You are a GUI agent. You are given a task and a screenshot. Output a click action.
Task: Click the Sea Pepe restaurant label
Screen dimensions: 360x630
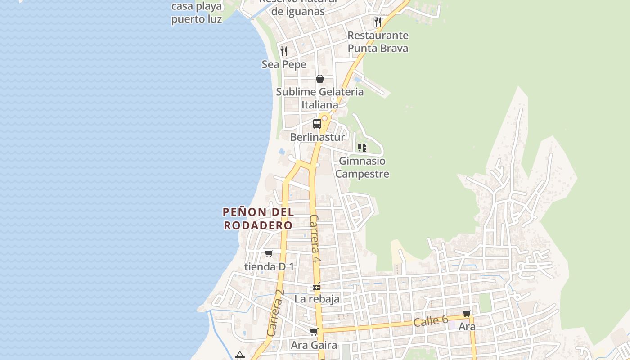coord(284,64)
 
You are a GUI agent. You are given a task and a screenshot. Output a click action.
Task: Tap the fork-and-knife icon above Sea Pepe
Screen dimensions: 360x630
coord(284,51)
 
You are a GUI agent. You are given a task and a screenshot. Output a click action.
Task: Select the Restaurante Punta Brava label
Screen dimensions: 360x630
coord(378,42)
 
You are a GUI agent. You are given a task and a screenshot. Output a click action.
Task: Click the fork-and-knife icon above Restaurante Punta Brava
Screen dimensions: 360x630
coord(378,22)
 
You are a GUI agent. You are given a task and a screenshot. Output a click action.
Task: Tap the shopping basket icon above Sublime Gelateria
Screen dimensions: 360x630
coord(320,79)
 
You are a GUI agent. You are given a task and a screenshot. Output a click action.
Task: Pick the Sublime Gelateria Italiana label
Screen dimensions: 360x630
coord(319,98)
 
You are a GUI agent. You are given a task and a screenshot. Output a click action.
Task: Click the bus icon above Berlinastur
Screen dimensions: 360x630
coord(317,124)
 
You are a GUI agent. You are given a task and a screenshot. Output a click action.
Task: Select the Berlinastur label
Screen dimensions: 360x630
coord(317,137)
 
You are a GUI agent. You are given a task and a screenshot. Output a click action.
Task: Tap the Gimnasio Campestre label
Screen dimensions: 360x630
coord(362,167)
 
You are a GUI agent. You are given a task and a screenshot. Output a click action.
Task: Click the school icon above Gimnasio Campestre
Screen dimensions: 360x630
coord(362,147)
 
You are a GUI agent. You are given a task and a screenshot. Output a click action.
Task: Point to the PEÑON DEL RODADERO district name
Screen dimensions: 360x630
coord(258,218)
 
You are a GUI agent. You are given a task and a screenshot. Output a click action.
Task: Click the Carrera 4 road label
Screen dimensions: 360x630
coord(315,238)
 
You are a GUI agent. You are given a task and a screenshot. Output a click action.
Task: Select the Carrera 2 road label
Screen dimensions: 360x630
coord(276,313)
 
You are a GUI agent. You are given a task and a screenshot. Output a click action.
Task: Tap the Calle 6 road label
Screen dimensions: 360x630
coord(431,321)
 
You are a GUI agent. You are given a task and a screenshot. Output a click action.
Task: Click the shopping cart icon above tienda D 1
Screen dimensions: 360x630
coord(269,253)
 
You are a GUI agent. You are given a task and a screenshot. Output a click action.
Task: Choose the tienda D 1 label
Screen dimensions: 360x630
coord(269,266)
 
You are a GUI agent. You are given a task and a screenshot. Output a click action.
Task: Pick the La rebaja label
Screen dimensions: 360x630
coord(317,299)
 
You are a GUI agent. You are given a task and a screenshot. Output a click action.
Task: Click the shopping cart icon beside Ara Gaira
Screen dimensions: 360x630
coord(314,332)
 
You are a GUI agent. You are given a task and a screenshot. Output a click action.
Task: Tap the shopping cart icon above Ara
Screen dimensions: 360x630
coord(467,313)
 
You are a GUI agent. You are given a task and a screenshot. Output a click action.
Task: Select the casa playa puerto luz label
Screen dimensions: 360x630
coord(197,13)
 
